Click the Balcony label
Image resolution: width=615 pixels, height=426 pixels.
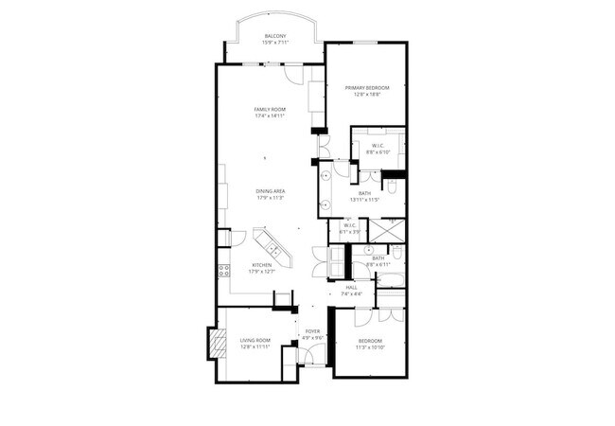276,35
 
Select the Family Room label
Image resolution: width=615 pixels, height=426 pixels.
270,109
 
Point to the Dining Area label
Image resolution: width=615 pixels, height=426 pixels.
271,191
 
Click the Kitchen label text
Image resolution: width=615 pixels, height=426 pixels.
262,264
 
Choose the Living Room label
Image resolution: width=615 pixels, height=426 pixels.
255,340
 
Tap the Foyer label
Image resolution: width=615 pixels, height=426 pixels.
312,330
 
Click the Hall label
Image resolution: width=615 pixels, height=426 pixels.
351,286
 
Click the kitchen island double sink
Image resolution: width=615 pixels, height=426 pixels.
272,248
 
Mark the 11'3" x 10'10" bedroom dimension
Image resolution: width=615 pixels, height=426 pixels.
370,347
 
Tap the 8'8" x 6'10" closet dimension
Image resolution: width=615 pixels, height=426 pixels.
378,151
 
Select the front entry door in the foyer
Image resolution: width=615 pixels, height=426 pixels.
315,358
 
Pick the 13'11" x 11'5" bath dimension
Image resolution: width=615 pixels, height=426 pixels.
364,199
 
